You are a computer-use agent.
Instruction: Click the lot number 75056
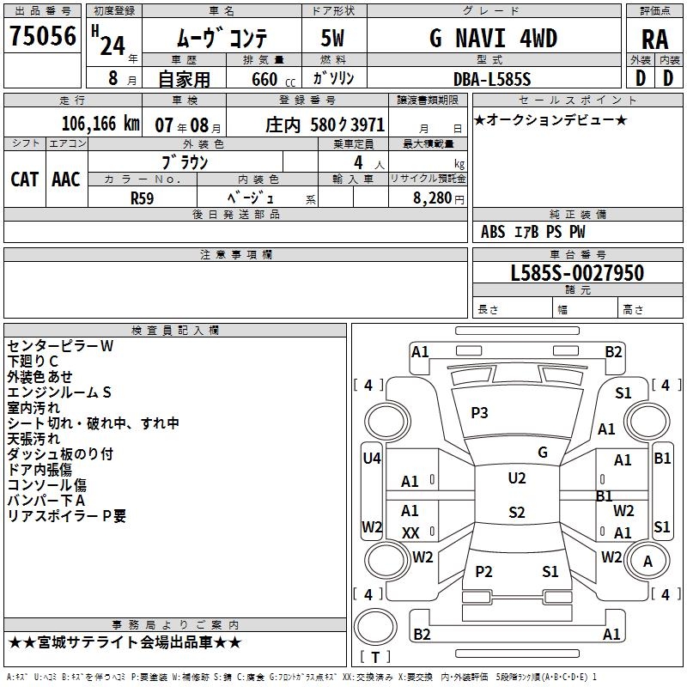tap(42, 36)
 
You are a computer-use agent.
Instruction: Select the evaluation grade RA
tap(654, 39)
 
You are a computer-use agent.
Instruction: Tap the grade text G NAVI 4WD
tap(493, 39)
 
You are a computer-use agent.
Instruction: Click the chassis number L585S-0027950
tap(576, 273)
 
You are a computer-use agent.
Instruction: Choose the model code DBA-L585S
tap(492, 79)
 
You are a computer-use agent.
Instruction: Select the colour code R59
tap(142, 197)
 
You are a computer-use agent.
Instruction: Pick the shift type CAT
tap(24, 179)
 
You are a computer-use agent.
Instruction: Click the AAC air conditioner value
tap(66, 179)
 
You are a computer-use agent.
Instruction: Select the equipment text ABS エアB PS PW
tap(533, 232)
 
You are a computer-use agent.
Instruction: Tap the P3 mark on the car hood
tap(479, 413)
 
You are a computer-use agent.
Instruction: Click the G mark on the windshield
tap(542, 453)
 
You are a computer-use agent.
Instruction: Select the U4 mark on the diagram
tap(371, 459)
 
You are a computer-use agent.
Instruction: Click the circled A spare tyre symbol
tap(647, 562)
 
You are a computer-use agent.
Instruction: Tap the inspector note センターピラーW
tap(60, 346)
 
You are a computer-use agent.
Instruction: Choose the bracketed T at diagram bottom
tap(375, 657)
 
